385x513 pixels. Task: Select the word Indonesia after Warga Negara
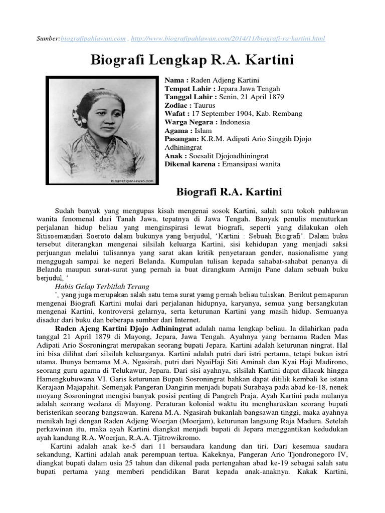pyautogui.click(x=238, y=122)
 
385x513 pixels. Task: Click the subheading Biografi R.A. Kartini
pyautogui.click(x=230, y=192)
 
